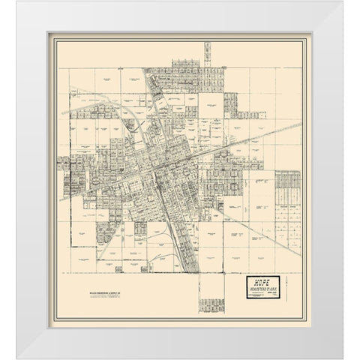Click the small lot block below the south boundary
211,304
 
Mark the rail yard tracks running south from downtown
178,225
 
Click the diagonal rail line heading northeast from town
247,139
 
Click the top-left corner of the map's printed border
59,43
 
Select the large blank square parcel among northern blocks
211,105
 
